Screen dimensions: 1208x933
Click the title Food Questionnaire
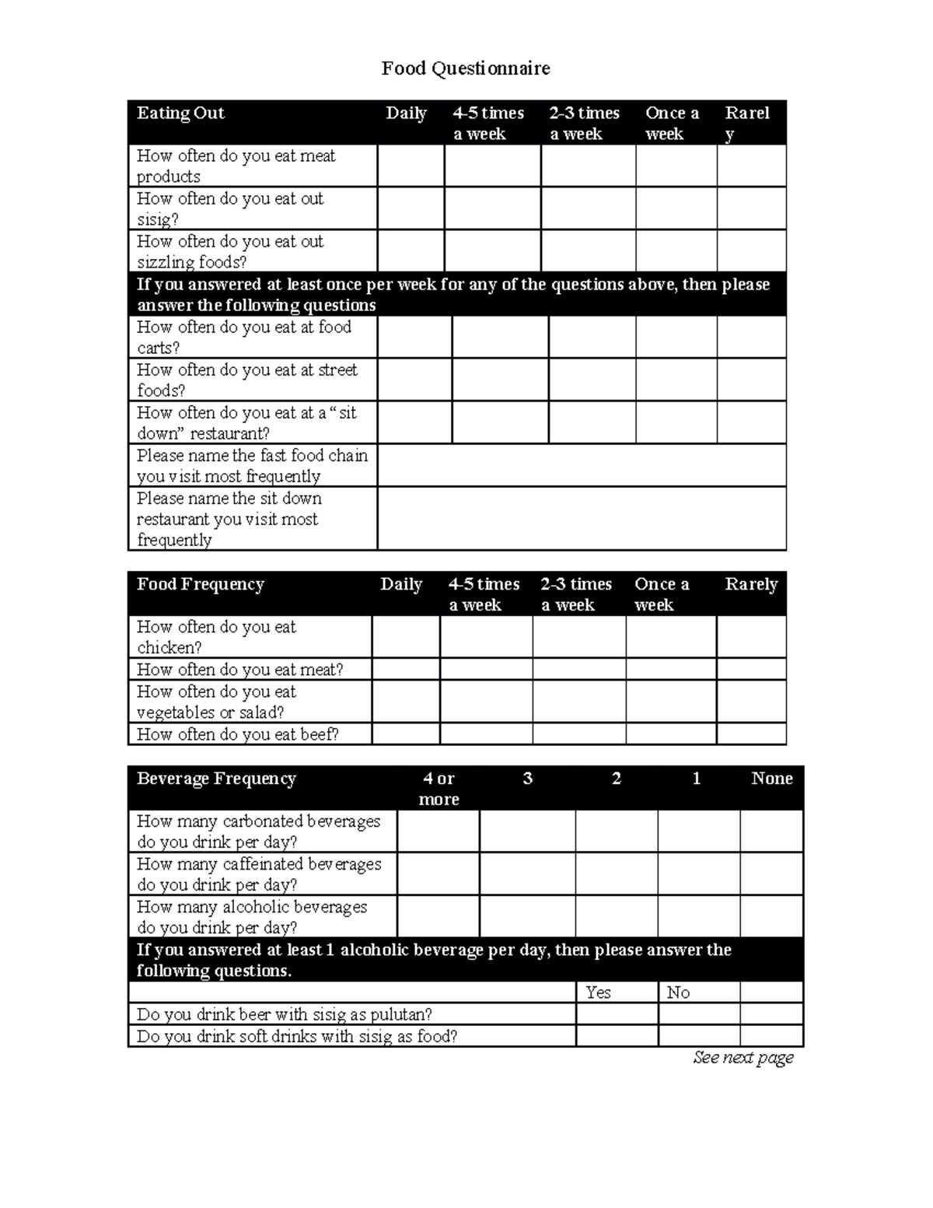[466, 68]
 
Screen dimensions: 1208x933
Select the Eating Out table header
[180, 114]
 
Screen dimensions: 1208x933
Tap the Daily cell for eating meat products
[411, 166]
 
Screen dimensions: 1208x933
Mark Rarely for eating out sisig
[751, 208]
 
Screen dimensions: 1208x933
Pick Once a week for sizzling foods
[676, 251]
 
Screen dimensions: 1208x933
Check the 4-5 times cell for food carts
[500, 337]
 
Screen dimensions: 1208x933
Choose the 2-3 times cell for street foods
[592, 380]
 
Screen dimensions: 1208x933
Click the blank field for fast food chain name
[582, 465]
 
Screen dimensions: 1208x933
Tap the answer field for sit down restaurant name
[582, 519]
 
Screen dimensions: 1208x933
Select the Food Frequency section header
[201, 584]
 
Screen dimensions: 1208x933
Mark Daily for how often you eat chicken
[406, 636]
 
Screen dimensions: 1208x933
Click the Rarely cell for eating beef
[751, 734]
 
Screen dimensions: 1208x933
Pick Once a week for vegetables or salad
[670, 701]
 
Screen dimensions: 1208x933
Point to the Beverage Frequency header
[216, 779]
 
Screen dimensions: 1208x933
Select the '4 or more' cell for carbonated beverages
[439, 831]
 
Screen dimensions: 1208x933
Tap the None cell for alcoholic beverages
[771, 916]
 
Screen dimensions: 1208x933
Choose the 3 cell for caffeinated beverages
[527, 874]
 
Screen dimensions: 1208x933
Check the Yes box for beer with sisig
[617, 1014]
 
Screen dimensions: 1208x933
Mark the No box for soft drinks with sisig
[698, 1035]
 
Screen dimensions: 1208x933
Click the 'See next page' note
[743, 1058]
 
